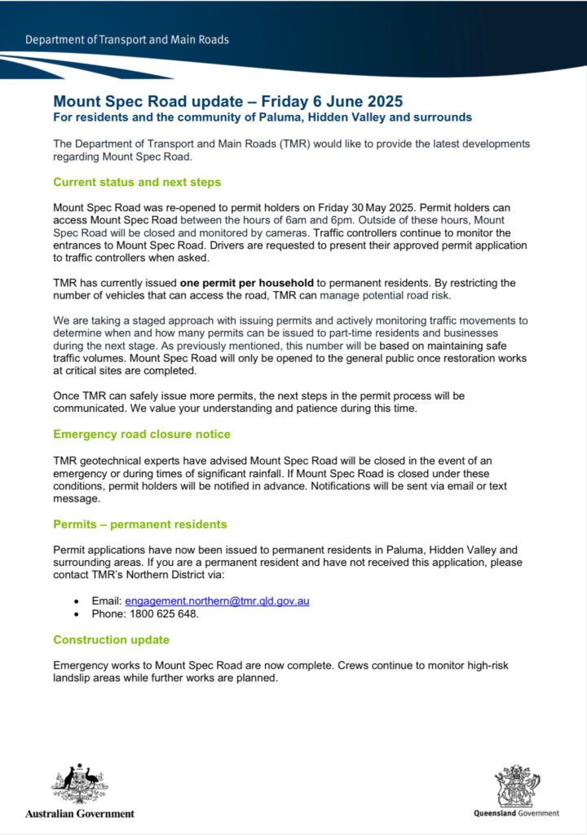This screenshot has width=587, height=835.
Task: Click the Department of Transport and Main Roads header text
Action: tap(126, 40)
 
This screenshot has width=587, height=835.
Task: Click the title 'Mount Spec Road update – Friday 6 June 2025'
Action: tap(227, 102)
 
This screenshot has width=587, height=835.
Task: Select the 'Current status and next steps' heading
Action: tap(136, 182)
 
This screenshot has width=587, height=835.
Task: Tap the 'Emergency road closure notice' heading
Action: tap(141, 434)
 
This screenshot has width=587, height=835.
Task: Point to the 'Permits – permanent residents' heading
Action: tap(139, 524)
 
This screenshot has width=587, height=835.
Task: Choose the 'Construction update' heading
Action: tap(111, 639)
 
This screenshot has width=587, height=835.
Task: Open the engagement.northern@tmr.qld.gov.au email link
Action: tap(217, 601)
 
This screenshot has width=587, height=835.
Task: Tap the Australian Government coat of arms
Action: tap(80, 785)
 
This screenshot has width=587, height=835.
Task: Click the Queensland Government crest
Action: tap(516, 786)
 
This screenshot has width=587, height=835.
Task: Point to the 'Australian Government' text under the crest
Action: tap(80, 814)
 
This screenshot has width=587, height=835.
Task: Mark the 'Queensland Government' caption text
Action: tap(516, 813)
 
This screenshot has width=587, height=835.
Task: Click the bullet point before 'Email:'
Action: tap(77, 602)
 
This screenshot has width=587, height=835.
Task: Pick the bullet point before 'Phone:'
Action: tap(77, 615)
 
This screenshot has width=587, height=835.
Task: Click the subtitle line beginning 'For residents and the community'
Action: tap(262, 117)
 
